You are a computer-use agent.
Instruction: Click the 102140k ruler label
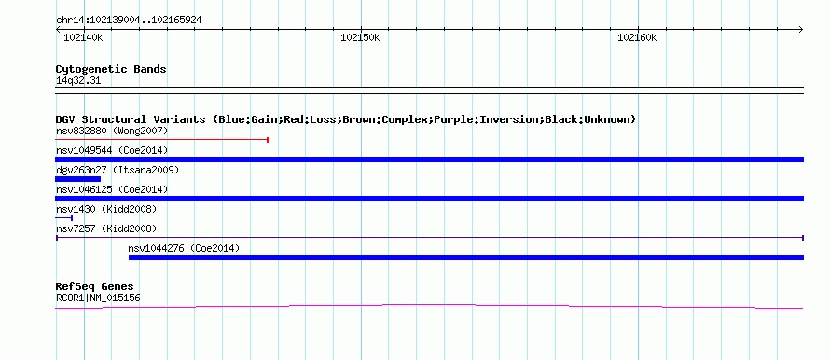click(x=83, y=38)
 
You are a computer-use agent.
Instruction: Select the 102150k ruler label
click(x=360, y=38)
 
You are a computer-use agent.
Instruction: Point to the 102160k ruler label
click(x=637, y=38)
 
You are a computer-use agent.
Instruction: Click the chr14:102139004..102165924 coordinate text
click(x=129, y=21)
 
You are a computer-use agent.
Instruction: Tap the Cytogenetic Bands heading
click(x=111, y=69)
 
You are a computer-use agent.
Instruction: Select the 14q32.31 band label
click(x=78, y=81)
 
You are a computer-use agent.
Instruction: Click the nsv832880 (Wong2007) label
click(x=112, y=131)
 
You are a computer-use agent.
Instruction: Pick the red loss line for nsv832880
click(x=162, y=140)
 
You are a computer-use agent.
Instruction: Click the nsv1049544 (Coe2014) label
click(x=112, y=150)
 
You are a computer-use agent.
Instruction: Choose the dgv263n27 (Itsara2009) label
click(x=118, y=170)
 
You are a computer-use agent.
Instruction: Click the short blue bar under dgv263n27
click(x=77, y=179)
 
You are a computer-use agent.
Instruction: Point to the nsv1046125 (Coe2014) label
click(x=112, y=189)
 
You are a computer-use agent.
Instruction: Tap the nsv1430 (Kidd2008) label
click(x=106, y=209)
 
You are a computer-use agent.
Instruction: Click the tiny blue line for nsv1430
click(x=64, y=218)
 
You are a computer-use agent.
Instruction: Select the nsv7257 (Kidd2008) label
click(x=106, y=228)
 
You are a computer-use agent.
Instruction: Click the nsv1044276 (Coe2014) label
click(x=184, y=248)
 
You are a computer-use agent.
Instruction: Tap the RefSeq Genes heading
click(x=95, y=286)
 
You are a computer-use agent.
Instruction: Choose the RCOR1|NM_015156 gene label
click(x=98, y=298)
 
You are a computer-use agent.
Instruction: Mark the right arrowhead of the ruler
click(x=801, y=30)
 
